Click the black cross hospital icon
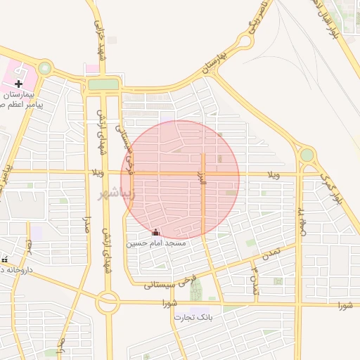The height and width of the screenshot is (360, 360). (18, 84)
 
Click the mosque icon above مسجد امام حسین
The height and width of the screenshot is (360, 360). (155, 233)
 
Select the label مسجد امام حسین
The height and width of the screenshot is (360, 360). (156, 243)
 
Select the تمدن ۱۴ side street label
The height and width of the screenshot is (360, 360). (253, 276)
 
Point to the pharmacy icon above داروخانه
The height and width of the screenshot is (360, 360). (4, 259)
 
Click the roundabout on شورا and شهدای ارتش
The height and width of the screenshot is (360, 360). (108, 303)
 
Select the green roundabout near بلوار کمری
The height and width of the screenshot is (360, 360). (307, 155)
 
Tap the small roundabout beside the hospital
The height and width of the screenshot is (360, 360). (46, 68)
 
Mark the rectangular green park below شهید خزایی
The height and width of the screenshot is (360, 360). (103, 84)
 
